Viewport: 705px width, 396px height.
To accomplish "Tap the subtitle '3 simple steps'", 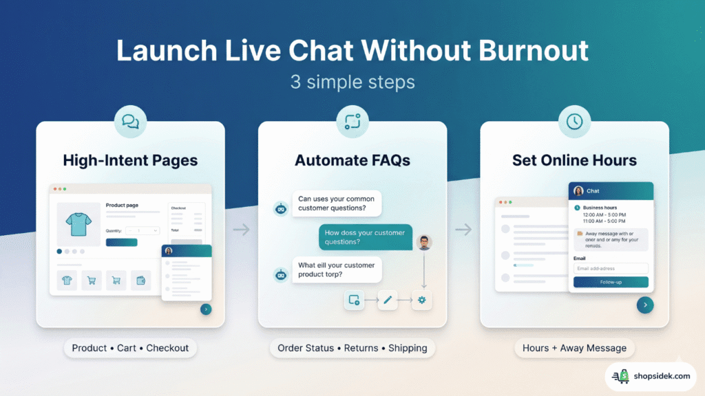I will point(352,82).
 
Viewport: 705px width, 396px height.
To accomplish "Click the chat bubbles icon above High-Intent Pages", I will point(130,122).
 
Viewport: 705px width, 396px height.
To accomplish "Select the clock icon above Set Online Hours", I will point(574,122).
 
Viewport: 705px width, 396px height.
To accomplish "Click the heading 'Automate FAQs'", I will point(352,160).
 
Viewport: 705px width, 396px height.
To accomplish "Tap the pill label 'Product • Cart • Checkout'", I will point(130,348).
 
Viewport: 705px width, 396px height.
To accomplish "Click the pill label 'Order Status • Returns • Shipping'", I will point(352,348).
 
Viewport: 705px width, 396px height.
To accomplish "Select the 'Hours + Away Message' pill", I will point(574,348).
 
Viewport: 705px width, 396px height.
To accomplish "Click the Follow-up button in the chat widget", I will point(611,282).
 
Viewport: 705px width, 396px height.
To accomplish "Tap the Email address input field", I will point(611,269).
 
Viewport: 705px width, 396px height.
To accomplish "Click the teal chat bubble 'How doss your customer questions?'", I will point(365,237).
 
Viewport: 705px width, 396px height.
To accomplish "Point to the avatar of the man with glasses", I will point(424,242).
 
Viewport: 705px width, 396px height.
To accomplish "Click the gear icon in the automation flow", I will point(421,300).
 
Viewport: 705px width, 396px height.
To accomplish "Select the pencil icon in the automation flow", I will point(388,300).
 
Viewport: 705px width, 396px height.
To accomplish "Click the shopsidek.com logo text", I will point(662,376).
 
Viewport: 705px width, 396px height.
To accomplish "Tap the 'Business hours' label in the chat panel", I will point(600,208).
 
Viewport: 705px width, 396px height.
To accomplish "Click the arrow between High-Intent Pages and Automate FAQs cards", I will point(241,230).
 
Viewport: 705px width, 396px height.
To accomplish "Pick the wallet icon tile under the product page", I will point(141,280).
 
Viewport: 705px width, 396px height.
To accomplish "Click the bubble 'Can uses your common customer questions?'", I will point(336,203).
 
